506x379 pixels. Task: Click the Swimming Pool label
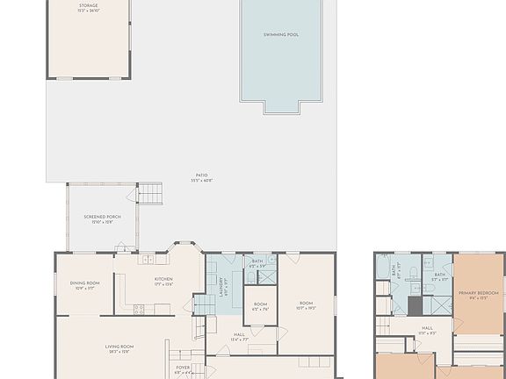281,35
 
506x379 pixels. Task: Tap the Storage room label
89,6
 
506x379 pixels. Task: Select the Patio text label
204,177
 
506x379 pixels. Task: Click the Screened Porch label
102,218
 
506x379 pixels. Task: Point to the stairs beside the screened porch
151,193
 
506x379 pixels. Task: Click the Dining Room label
85,284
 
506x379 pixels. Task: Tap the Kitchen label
163,281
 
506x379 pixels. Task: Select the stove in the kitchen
139,309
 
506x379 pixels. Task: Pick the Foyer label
182,368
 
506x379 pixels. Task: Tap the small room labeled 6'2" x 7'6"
261,308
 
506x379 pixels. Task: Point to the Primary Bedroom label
478,295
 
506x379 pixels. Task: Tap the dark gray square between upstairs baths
415,304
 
